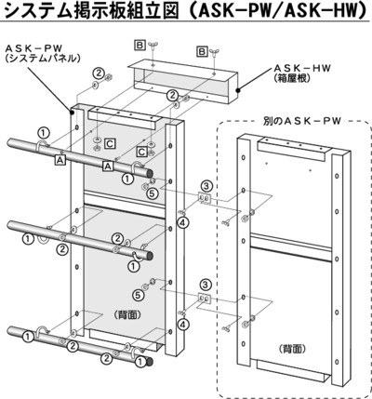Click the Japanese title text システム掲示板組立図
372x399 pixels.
point(92,10)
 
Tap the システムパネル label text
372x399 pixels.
point(42,59)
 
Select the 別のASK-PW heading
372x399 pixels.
point(299,121)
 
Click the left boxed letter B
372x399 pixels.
point(139,46)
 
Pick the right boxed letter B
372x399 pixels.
point(202,51)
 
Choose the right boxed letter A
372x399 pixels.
point(107,166)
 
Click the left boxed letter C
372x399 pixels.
point(110,143)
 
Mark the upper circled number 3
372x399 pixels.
point(206,186)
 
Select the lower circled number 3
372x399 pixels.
point(206,284)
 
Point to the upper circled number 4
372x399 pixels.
point(183,222)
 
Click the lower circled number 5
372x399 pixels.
point(139,295)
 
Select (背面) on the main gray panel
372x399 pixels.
point(128,315)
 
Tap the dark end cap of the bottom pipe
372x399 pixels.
point(150,362)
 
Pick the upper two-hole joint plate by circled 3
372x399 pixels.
point(205,198)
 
